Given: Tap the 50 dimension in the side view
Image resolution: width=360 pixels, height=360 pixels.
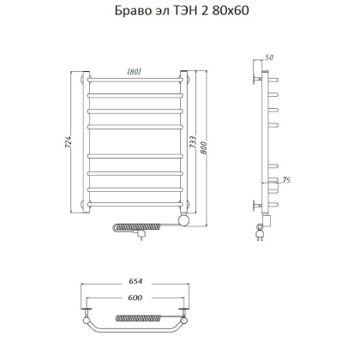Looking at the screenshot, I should click(270, 57).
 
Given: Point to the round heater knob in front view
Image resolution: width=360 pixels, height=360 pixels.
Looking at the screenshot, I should click(181, 221).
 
